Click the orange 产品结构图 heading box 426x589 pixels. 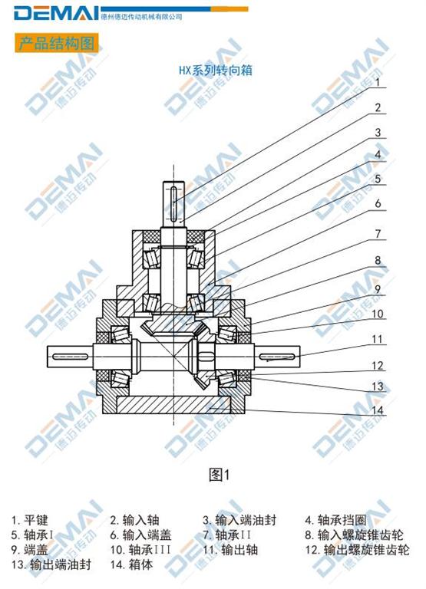click(x=56, y=43)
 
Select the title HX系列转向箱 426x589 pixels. click(x=215, y=71)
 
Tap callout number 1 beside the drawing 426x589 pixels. click(x=378, y=82)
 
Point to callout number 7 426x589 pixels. click(x=378, y=234)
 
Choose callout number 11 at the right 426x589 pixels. click(x=377, y=339)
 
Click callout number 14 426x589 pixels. click(x=377, y=410)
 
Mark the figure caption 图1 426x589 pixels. click(x=219, y=475)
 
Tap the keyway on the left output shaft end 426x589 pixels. click(x=71, y=356)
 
